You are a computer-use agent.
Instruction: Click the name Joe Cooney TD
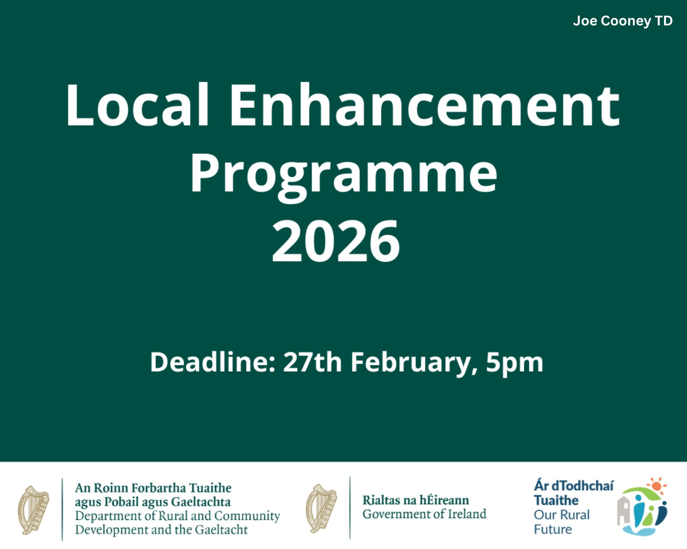(x=623, y=21)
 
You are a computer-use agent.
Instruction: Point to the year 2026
(x=336, y=241)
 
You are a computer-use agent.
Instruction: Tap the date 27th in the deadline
(x=312, y=362)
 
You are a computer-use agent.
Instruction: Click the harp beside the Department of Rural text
(x=33, y=510)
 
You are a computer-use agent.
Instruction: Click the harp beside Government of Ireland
(x=321, y=509)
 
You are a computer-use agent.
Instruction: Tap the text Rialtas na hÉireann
(x=416, y=500)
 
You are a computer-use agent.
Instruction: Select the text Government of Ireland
(x=425, y=514)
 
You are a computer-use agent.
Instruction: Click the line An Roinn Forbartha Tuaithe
(x=153, y=488)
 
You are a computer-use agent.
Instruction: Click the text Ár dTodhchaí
(x=574, y=486)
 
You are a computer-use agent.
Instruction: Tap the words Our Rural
(x=562, y=515)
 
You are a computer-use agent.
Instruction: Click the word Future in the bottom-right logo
(x=553, y=529)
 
